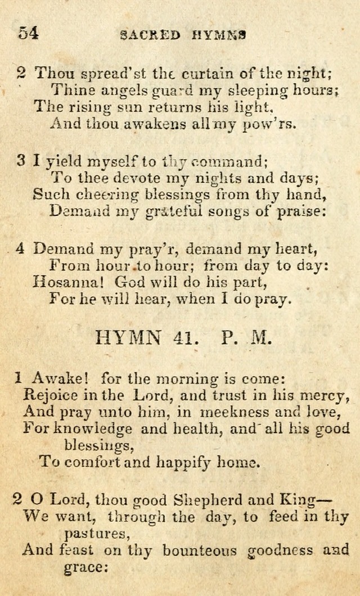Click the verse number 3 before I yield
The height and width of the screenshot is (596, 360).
pyautogui.click(x=21, y=161)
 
